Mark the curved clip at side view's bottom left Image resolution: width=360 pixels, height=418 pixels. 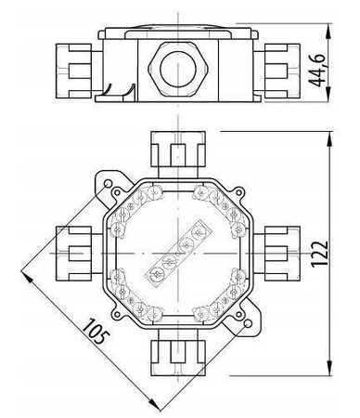(117, 90)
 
